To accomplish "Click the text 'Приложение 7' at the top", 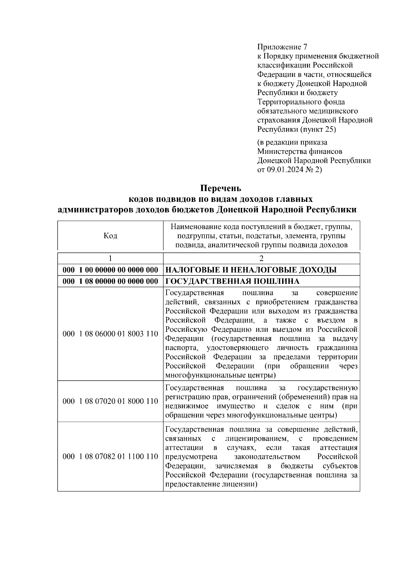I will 282,47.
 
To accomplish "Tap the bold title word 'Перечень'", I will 221,188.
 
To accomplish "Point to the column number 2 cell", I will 261,258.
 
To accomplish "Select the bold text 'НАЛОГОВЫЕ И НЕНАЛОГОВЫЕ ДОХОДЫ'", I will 251,270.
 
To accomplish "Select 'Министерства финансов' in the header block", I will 300,151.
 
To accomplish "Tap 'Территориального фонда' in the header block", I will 301,102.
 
